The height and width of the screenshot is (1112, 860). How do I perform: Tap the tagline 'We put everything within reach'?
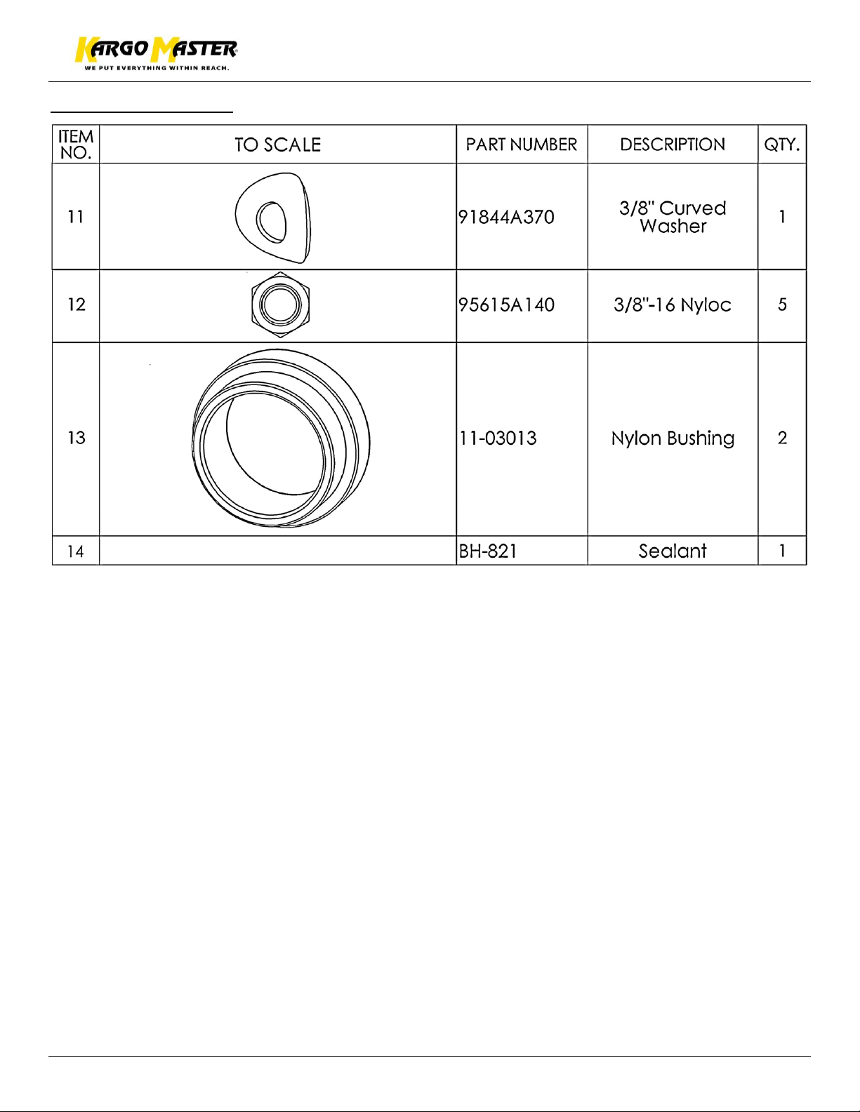(157, 68)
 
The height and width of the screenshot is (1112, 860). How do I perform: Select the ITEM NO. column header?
(76, 145)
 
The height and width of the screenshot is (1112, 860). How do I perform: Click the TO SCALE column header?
(277, 145)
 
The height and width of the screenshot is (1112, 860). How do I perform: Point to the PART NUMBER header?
(521, 145)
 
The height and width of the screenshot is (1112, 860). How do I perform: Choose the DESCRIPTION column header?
(672, 145)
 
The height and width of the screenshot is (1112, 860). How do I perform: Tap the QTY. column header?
(781, 145)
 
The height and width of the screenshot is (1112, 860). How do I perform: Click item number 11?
(76, 217)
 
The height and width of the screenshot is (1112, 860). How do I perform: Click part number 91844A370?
(506, 217)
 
